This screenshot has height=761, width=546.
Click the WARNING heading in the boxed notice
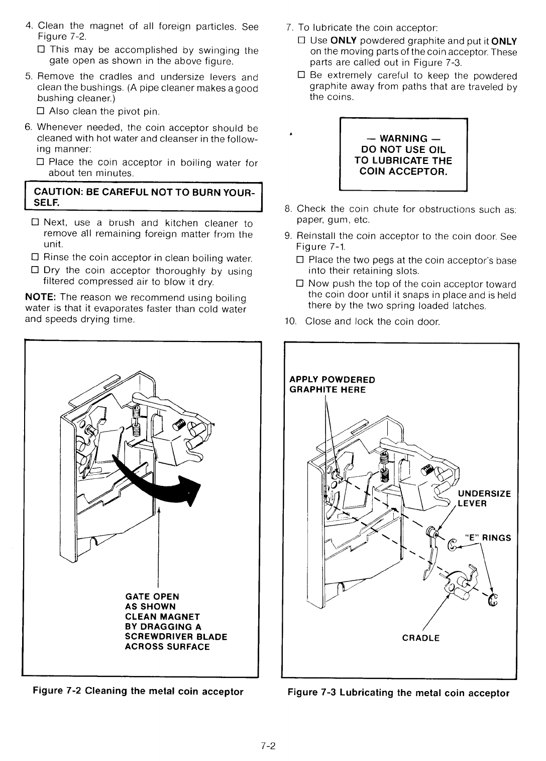click(403, 138)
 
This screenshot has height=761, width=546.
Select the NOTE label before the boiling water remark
click(41, 298)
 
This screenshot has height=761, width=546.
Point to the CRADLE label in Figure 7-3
click(421, 638)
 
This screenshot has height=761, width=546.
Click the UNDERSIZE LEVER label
click(484, 498)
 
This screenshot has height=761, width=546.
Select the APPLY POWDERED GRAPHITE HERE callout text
click(332, 384)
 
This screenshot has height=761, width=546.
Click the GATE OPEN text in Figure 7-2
click(152, 597)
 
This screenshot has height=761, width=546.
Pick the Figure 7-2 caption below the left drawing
click(138, 691)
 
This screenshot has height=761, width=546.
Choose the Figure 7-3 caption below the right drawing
click(398, 693)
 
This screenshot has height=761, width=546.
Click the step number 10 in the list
click(289, 321)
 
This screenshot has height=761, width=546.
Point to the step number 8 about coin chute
click(288, 209)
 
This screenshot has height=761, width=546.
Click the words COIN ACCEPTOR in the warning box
click(403, 172)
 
